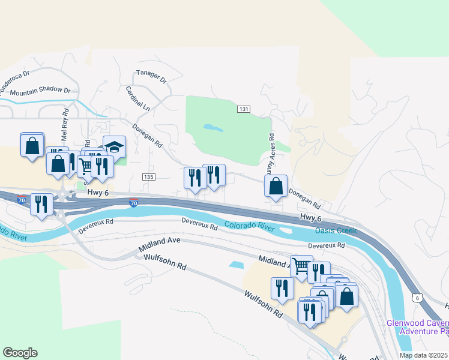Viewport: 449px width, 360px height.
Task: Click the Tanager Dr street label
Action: pyautogui.click(x=151, y=76)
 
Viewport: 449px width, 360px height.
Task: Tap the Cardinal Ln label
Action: pyautogui.click(x=137, y=98)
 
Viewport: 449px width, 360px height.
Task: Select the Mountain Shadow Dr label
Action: pyautogui.click(x=40, y=91)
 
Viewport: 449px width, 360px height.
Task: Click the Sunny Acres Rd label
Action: pyautogui.click(x=270, y=155)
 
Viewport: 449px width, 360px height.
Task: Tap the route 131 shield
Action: pyautogui.click(x=243, y=109)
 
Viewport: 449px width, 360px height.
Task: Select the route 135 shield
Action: pyautogui.click(x=149, y=176)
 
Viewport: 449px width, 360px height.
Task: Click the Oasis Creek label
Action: pyautogui.click(x=336, y=230)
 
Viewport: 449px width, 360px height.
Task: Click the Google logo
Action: pyautogui.click(x=20, y=353)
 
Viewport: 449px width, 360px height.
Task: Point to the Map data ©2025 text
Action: pyautogui.click(x=424, y=355)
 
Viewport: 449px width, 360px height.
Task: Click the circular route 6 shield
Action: pyautogui.click(x=417, y=298)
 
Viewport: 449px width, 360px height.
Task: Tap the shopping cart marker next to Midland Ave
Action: pyautogui.click(x=301, y=265)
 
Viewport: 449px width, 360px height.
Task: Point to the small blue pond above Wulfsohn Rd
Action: pyautogui.click(x=237, y=265)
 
